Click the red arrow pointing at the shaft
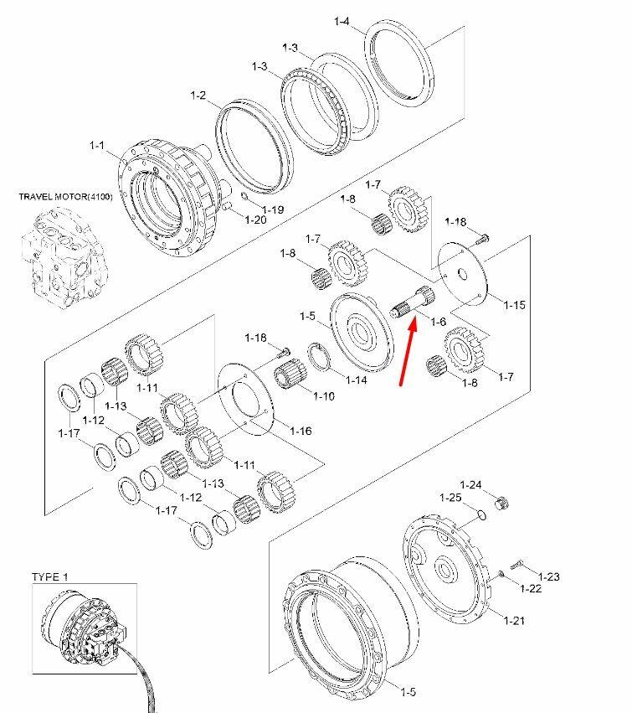408,353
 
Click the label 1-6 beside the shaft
438,322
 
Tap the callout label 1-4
342,21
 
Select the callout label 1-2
198,95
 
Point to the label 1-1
97,145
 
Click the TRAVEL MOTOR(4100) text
66,197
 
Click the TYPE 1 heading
50,577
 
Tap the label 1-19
273,209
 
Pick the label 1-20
256,220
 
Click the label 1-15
514,305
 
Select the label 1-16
301,431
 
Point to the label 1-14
357,380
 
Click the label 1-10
324,396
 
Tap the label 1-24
470,485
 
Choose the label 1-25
450,498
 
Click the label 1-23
549,576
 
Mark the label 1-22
532,588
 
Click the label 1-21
514,620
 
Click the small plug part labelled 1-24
501,503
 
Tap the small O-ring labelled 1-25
482,514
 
